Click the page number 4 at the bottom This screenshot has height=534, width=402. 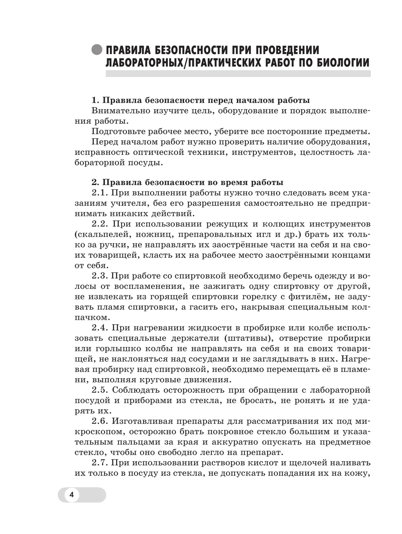coord(71,495)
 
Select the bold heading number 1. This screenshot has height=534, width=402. coord(95,100)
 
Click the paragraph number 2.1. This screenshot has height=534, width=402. coord(99,193)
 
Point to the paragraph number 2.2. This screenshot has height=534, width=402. coord(100,224)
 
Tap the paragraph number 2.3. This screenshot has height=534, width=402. coord(99,276)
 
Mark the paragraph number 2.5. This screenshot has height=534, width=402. coord(100,390)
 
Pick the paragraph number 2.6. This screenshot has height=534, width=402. coord(100,421)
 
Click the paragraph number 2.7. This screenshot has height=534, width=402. coord(99,463)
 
